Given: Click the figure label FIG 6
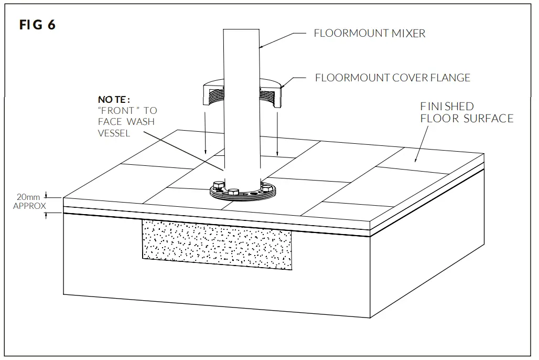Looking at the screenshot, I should point(37,25).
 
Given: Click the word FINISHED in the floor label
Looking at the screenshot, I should point(447,107).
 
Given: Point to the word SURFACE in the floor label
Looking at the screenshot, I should point(488,119).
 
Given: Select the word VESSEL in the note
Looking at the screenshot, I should point(114,133).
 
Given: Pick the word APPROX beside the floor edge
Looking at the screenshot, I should point(29,206).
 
